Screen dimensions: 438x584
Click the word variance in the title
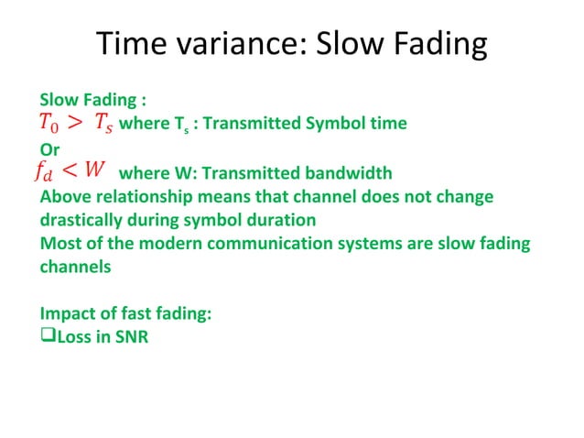226,43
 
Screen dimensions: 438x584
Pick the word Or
49,148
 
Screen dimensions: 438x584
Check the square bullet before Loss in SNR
48,337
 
